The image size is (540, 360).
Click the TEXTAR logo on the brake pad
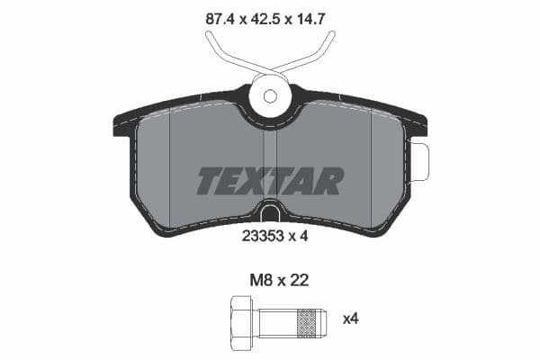point(269,181)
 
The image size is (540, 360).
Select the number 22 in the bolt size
point(298,280)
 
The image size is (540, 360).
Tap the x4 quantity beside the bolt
point(352,318)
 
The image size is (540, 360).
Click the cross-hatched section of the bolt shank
point(308,319)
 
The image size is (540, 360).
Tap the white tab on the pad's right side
point(419,161)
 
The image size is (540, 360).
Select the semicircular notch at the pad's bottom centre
point(269,213)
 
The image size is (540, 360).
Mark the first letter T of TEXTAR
point(208,181)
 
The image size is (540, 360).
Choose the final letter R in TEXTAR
point(330,181)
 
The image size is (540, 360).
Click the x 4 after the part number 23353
point(301,238)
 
